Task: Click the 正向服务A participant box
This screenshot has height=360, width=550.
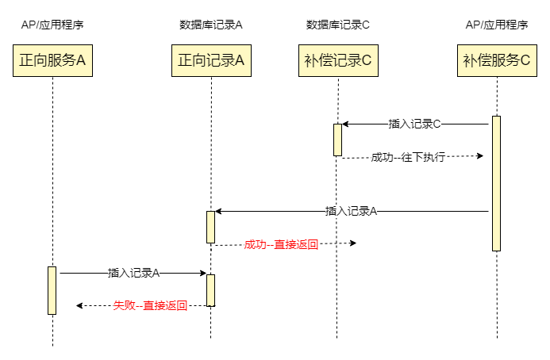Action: (x=52, y=60)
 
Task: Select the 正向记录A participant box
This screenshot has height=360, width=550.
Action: (x=211, y=60)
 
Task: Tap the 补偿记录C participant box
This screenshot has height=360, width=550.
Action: (x=338, y=60)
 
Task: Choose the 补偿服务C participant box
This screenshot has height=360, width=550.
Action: (x=497, y=60)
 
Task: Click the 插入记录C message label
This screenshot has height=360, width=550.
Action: (x=414, y=124)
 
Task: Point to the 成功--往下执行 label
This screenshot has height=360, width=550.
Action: (x=408, y=157)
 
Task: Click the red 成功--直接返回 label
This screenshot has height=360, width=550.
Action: (x=281, y=244)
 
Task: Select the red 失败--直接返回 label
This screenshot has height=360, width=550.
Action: (x=150, y=305)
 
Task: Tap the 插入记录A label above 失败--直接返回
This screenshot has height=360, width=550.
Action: (x=134, y=273)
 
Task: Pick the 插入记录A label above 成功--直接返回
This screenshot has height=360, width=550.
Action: (x=351, y=211)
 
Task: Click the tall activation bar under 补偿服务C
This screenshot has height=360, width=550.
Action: (x=496, y=183)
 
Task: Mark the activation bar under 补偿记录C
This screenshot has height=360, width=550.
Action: (x=337, y=140)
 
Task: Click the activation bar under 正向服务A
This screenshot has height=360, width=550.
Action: (x=52, y=290)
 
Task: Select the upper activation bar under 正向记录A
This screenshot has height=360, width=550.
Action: (x=211, y=227)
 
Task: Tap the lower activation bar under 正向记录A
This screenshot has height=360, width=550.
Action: (x=211, y=290)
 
